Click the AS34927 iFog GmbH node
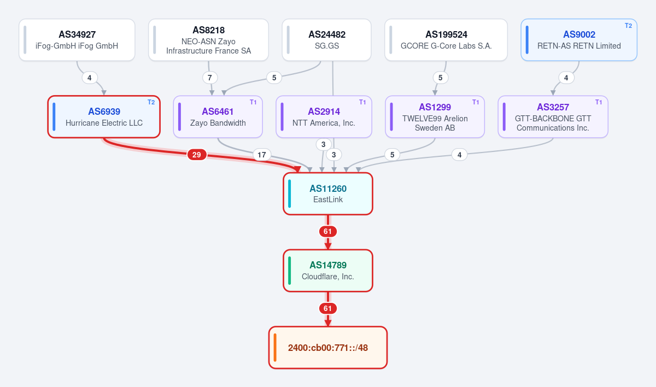[77, 40]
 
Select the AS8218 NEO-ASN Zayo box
[208, 40]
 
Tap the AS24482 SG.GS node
[326, 40]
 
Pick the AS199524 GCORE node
[446, 40]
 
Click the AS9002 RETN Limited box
[579, 40]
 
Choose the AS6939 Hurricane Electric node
[104, 116]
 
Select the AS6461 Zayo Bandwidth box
[218, 116]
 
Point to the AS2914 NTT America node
[324, 116]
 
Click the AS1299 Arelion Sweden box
[435, 116]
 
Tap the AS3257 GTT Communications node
[553, 116]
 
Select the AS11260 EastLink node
[328, 194]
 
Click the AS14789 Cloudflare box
[328, 271]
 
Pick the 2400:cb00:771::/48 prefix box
[328, 348]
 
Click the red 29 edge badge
[197, 155]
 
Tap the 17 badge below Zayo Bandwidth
[262, 155]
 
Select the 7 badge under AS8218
[210, 78]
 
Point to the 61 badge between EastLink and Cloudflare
[327, 232]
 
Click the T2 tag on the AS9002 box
[629, 26]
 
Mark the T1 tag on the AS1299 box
[476, 102]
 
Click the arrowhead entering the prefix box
[328, 323]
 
